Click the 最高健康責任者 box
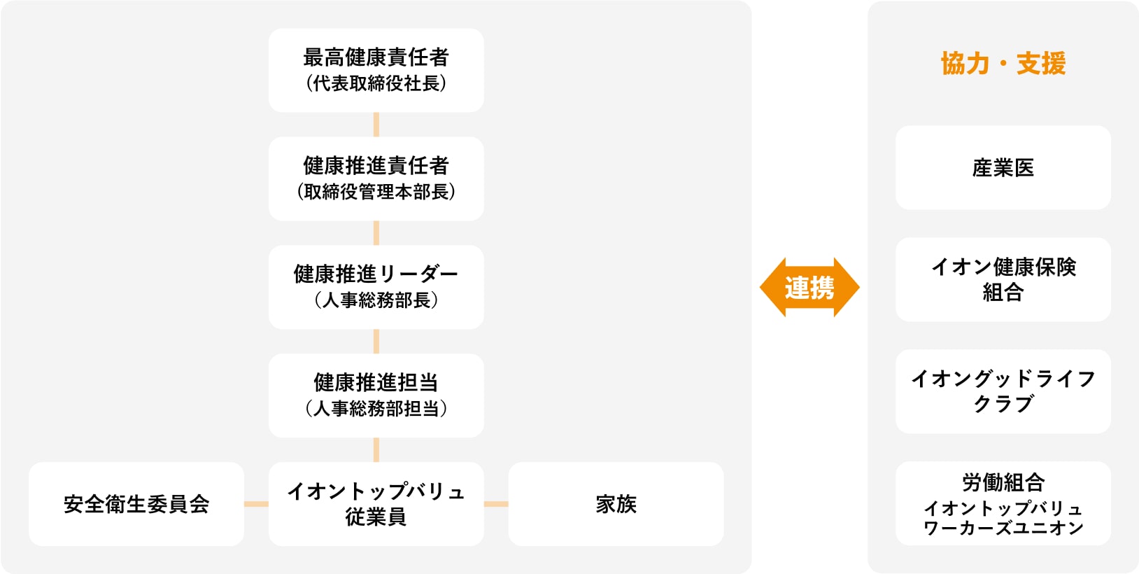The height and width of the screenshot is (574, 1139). tap(376, 70)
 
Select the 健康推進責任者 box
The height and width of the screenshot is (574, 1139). tap(376, 178)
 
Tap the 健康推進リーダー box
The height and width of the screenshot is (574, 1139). tap(376, 287)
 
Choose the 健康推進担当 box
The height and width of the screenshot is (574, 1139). tap(376, 395)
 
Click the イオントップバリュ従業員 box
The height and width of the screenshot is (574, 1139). tap(376, 504)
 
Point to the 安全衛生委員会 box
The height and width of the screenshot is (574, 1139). tap(136, 504)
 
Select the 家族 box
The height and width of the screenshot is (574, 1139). tap(616, 504)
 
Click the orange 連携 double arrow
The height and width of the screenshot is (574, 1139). tap(809, 288)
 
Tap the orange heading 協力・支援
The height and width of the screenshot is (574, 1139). tap(1003, 64)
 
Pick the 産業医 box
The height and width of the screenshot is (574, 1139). tap(1003, 168)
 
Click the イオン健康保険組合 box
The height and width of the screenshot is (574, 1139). tap(1003, 279)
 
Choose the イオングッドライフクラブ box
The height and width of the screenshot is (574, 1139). tap(1003, 391)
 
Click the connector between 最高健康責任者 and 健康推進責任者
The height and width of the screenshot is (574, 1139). tap(376, 125)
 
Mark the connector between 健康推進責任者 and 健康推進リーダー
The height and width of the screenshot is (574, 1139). tap(376, 233)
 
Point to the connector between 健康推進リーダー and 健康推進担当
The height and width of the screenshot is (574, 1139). tap(376, 342)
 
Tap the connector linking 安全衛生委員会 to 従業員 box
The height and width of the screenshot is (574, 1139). tap(256, 504)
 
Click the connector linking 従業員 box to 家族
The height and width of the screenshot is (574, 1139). tap(496, 504)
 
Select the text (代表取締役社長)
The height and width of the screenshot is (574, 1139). tap(376, 83)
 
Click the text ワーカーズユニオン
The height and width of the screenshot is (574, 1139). tap(1003, 528)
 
